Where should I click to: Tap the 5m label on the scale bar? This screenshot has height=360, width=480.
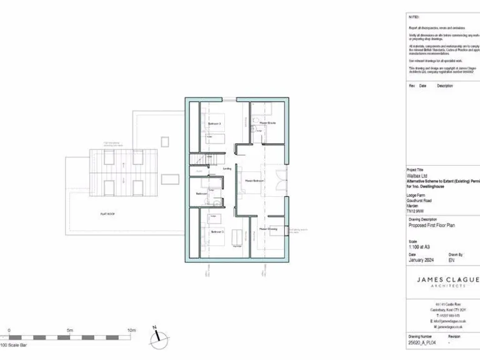(70, 330)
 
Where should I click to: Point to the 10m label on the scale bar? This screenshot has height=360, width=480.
(131, 330)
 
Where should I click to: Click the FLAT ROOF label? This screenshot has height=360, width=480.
(107, 214)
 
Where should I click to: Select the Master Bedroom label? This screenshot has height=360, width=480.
(253, 181)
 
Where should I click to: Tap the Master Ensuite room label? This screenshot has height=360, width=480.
(267, 123)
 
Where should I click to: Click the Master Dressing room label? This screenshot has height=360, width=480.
(269, 229)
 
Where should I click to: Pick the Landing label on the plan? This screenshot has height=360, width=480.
(227, 168)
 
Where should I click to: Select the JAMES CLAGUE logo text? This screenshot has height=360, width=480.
(447, 279)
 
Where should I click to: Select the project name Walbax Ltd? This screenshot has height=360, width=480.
(418, 176)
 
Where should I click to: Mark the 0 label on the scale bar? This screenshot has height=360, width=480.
(9, 330)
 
